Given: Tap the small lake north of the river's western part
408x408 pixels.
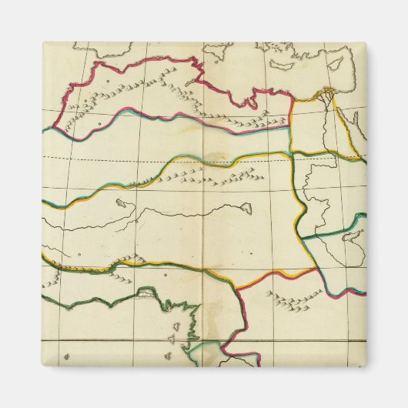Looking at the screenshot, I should (x=121, y=205).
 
